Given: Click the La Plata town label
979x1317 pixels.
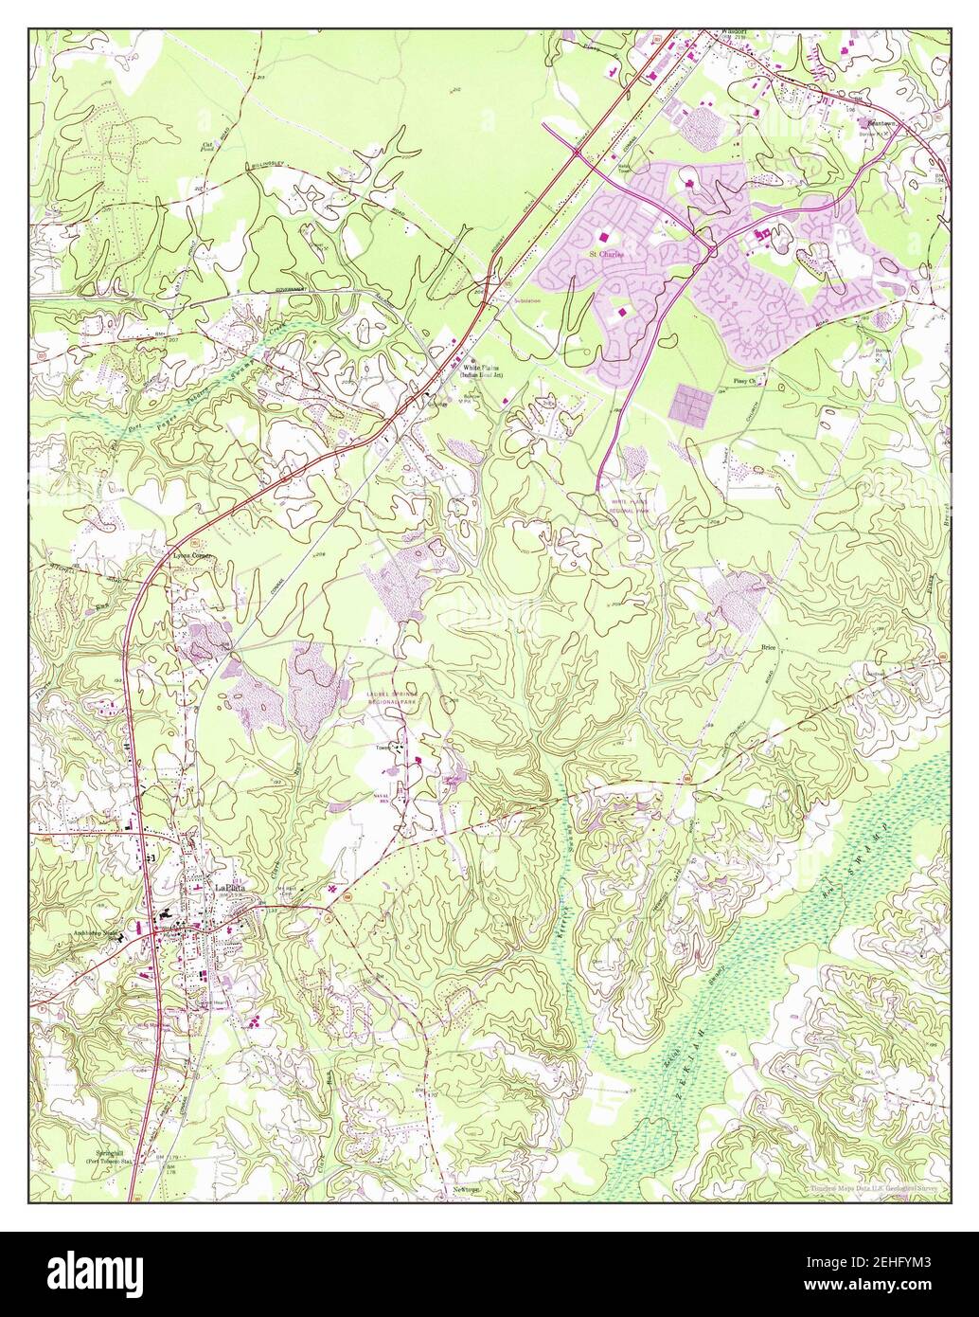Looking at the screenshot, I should [230, 888].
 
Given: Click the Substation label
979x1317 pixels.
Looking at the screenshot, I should [527, 300].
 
